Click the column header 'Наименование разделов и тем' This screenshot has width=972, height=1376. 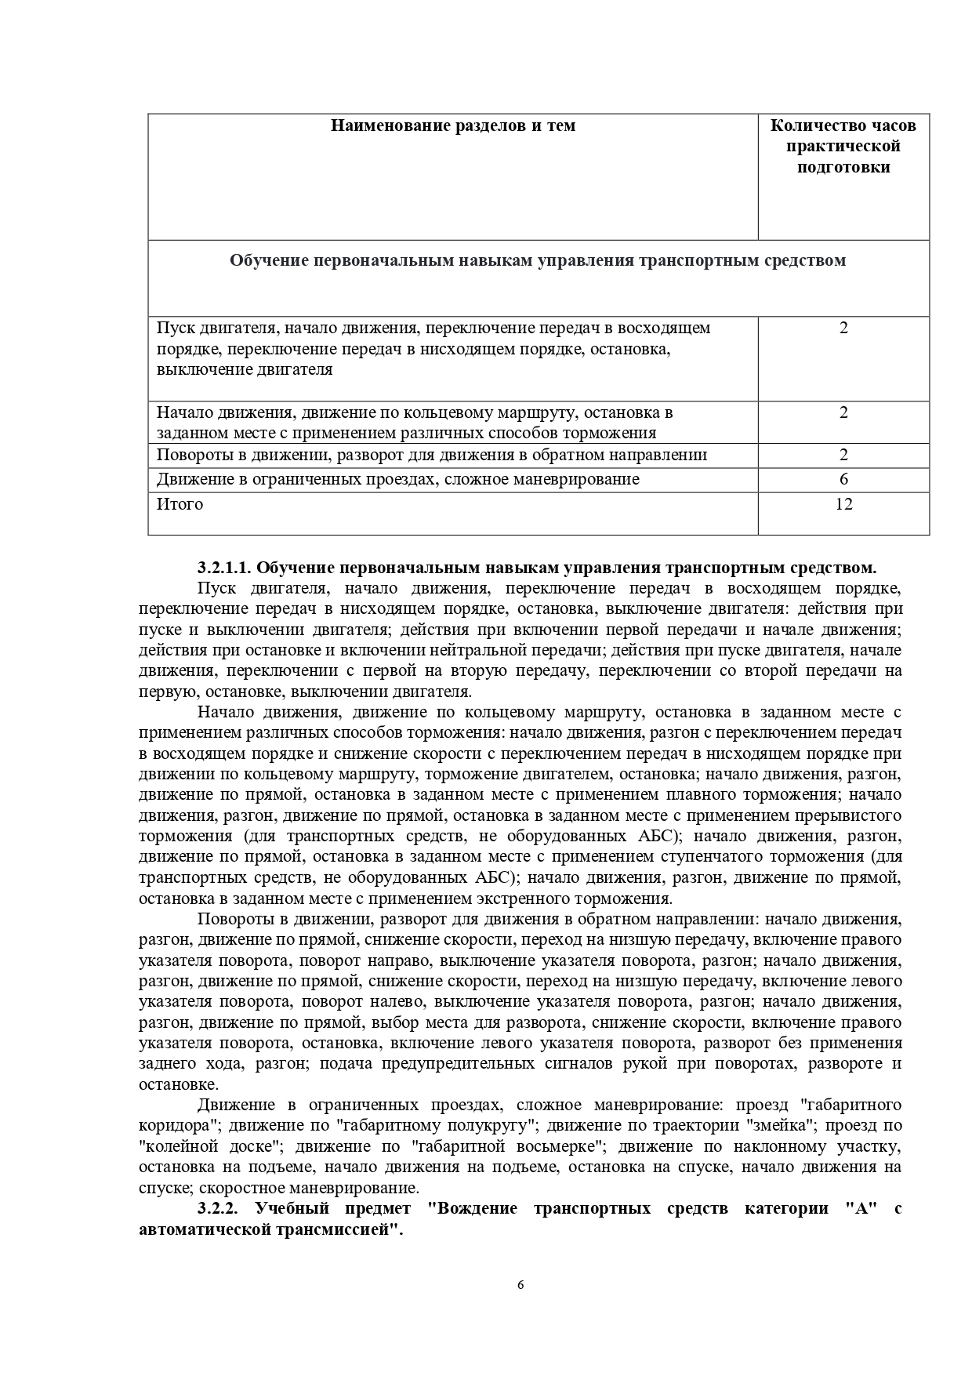pyautogui.click(x=452, y=125)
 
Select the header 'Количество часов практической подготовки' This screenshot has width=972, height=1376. pyautogui.click(x=843, y=146)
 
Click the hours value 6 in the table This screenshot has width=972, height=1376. pyautogui.click(x=843, y=479)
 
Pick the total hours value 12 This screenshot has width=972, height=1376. pyautogui.click(x=843, y=504)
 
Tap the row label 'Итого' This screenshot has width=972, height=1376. pyautogui.click(x=180, y=504)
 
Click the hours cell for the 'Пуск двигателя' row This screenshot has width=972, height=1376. pyautogui.click(x=843, y=328)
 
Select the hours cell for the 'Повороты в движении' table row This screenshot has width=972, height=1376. pyautogui.click(x=843, y=455)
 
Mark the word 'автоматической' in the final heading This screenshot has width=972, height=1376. pyautogui.click(x=201, y=1230)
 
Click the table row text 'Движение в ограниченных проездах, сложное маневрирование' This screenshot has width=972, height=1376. pyautogui.click(x=397, y=479)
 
